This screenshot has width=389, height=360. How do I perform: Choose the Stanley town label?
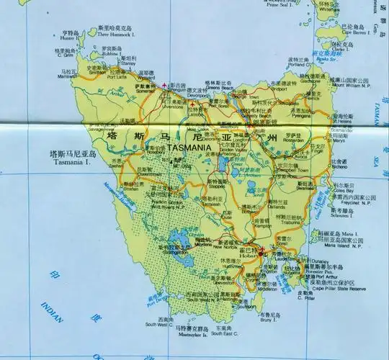[128, 63]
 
